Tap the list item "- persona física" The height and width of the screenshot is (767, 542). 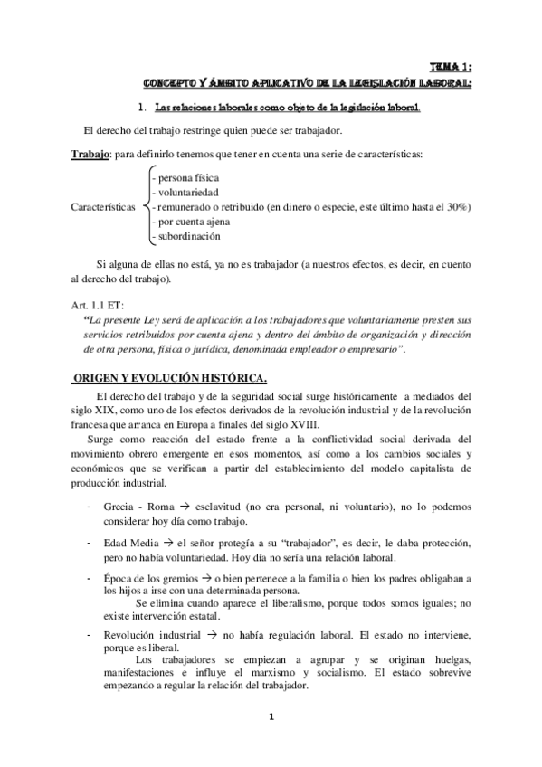pyautogui.click(x=185, y=178)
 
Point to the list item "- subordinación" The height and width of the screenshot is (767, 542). pyautogui.click(x=186, y=236)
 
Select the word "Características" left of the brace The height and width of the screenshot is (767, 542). pyautogui.click(x=99, y=207)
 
